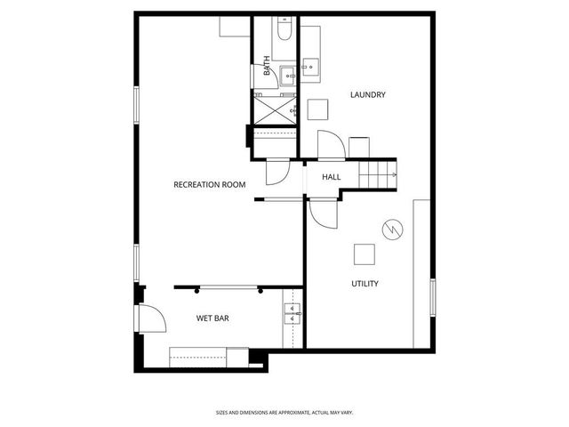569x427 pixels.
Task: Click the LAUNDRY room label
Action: pyautogui.click(x=367, y=95)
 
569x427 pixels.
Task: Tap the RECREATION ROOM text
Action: pyautogui.click(x=209, y=184)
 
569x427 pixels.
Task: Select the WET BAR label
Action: pyautogui.click(x=213, y=318)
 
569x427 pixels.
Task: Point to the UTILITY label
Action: pyautogui.click(x=365, y=284)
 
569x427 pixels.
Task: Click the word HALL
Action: pyautogui.click(x=332, y=178)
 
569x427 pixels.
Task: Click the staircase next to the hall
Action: pyautogui.click(x=377, y=173)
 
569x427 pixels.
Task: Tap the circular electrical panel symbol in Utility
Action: pyautogui.click(x=391, y=230)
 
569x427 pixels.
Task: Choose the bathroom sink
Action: pyautogui.click(x=288, y=76)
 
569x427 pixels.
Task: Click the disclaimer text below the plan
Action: pyautogui.click(x=284, y=412)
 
